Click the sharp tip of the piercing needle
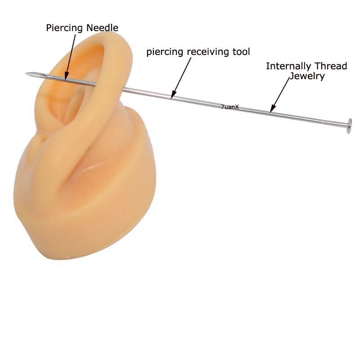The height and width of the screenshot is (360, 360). click(x=27, y=73)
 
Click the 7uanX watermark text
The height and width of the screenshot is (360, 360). click(x=230, y=107)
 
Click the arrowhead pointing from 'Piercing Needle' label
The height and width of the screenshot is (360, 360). click(x=66, y=77)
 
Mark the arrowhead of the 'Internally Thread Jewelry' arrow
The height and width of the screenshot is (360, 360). click(x=271, y=109)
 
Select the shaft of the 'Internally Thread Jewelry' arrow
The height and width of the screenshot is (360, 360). click(x=281, y=92)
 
